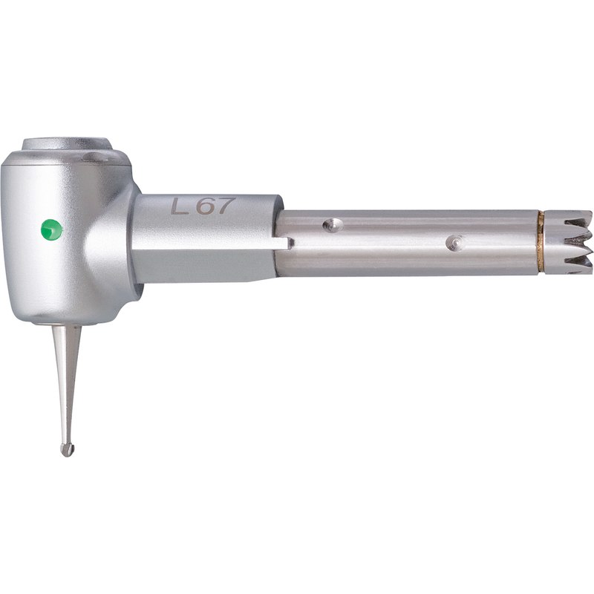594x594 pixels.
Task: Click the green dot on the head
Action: [x=51, y=229]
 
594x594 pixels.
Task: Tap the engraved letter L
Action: [x=180, y=206]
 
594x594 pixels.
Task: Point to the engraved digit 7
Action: [x=225, y=205]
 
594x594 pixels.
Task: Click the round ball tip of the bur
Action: [x=67, y=450]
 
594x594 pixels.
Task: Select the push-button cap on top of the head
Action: [x=67, y=144]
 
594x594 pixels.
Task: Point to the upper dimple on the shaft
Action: [x=332, y=226]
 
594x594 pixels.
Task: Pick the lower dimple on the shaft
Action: [x=454, y=242]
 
